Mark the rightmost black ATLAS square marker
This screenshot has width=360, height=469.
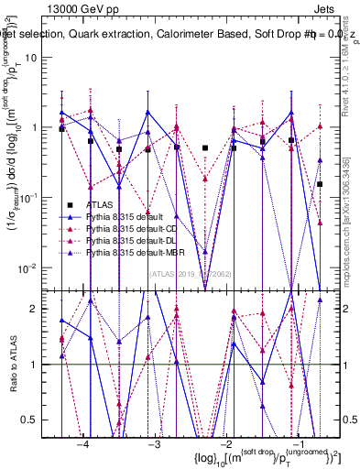(x=320, y=184)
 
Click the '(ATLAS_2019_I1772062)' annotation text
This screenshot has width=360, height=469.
(x=191, y=274)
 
